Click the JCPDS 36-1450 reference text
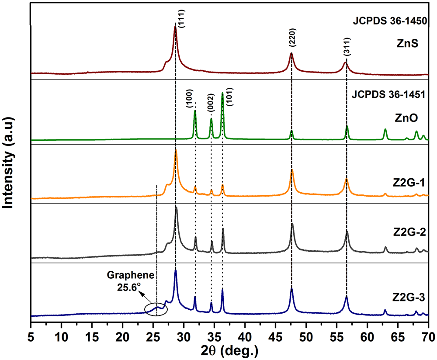pyautogui.click(x=390, y=20)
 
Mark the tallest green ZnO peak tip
pyautogui.click(x=222, y=93)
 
